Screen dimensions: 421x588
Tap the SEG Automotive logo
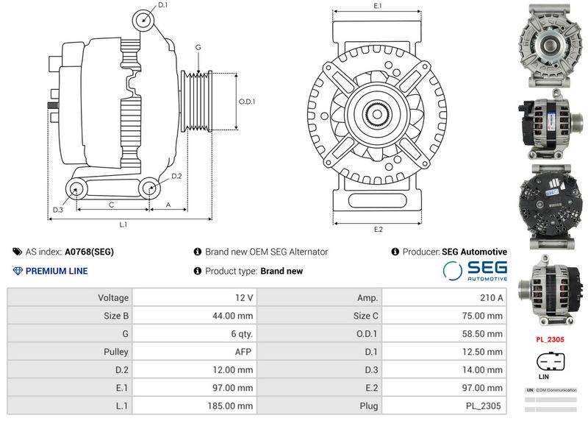pos(475,270)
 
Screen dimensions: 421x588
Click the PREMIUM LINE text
pos(57,271)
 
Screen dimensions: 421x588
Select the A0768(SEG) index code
pos(90,252)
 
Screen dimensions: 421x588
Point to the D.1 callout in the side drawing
pos(163,5)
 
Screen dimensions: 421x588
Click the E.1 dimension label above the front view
pos(378,6)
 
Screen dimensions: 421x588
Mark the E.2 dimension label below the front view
pos(378,230)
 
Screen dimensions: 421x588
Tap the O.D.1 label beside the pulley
pos(248,102)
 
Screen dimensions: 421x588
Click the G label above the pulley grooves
pos(198,48)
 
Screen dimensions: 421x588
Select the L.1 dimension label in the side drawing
pos(123,224)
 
